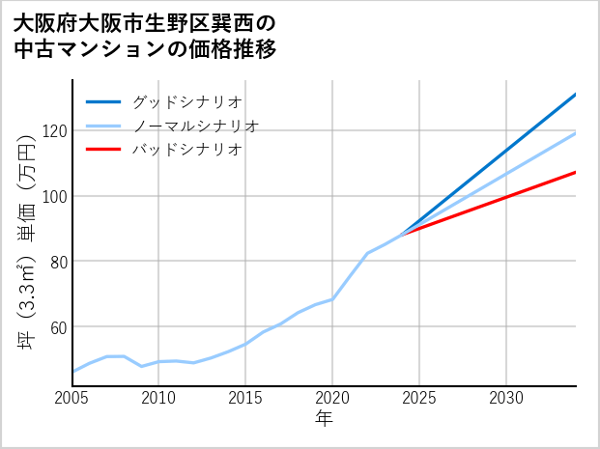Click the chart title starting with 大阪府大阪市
point(145,36)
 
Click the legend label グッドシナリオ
point(186,101)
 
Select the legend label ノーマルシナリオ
point(195,126)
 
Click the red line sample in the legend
point(103,150)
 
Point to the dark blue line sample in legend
point(103,101)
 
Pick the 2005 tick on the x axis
point(72,398)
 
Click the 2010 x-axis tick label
point(159,398)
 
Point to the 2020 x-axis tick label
point(332,398)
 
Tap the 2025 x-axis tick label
point(419,398)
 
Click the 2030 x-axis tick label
point(506,398)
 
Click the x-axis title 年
point(325,419)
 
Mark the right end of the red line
point(576,172)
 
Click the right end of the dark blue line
point(576,94)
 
